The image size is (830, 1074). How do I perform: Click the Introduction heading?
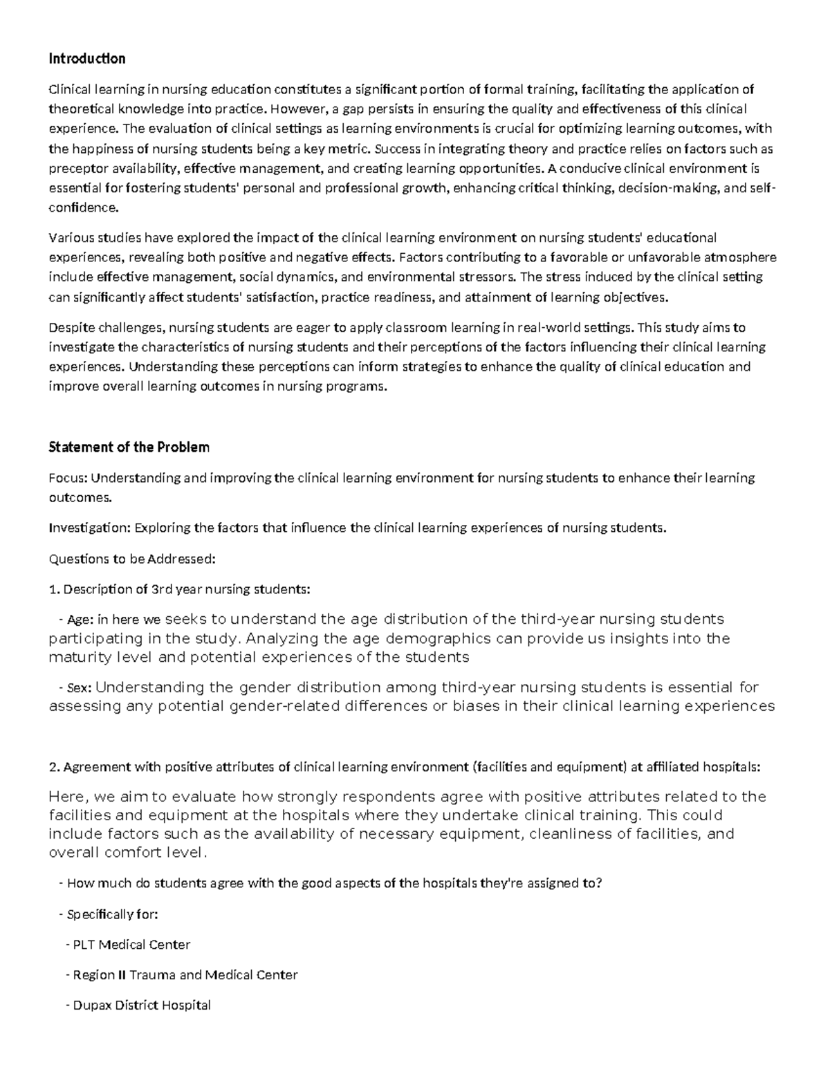click(86, 59)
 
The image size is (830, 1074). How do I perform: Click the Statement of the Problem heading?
click(129, 447)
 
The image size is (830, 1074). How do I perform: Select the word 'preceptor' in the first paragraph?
click(74, 168)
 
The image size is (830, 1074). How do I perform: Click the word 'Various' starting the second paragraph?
click(69, 238)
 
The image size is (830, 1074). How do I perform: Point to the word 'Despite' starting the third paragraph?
click(69, 327)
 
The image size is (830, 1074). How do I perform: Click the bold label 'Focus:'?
click(68, 478)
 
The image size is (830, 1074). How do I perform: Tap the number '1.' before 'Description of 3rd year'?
click(55, 589)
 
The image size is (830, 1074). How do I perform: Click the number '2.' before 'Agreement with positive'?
click(55, 767)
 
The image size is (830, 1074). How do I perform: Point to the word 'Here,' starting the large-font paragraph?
click(67, 797)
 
